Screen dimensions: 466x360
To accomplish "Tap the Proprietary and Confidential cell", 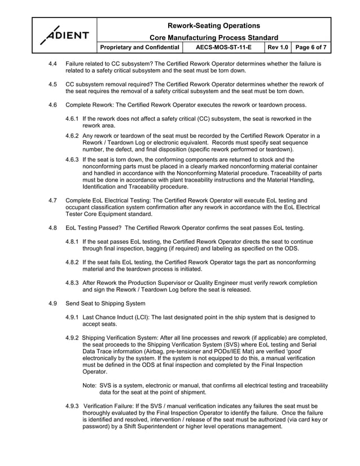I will (140, 48).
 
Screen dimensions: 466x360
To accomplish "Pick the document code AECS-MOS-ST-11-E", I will (223, 48).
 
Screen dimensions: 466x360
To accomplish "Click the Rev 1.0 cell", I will (277, 48).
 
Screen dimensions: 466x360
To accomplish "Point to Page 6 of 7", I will (311, 48).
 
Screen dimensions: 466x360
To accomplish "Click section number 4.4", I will (52, 64).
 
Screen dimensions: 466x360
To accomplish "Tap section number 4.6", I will (52, 105).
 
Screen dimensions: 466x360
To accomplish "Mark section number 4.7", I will (52, 200).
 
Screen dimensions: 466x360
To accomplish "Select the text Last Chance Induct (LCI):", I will (116, 317).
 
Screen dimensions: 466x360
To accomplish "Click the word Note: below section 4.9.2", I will (90, 385).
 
